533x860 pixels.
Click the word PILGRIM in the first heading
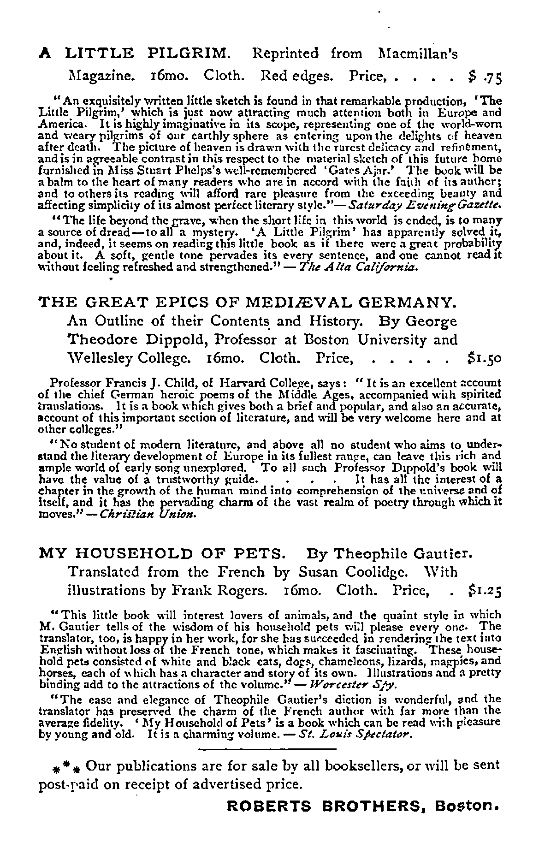[x=188, y=54]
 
